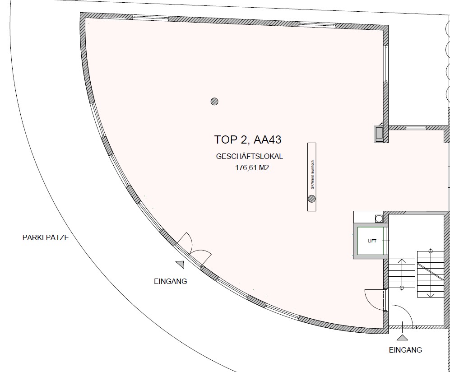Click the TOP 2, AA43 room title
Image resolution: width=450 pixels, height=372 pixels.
(248, 139)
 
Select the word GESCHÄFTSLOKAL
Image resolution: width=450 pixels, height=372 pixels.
(250, 157)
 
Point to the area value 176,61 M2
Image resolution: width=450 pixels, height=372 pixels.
(252, 167)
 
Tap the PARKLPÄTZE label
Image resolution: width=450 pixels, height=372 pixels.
(46, 237)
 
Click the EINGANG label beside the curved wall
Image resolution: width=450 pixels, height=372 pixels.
(171, 281)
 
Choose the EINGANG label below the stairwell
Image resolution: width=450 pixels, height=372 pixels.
(405, 350)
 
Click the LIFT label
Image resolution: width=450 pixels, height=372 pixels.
(372, 241)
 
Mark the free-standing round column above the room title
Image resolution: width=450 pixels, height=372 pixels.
(214, 101)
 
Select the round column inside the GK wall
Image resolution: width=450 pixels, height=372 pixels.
(312, 199)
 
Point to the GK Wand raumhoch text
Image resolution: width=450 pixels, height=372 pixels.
(312, 175)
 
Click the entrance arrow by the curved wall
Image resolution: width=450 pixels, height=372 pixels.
(180, 264)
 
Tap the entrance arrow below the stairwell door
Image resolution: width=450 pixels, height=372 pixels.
(402, 338)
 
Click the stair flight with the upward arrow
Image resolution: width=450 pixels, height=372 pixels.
(402, 274)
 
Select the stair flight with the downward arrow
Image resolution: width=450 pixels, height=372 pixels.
(430, 274)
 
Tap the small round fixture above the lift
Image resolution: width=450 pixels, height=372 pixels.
(379, 219)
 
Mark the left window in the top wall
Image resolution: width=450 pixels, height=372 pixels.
(150, 18)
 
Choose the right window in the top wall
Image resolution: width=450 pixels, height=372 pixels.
(317, 25)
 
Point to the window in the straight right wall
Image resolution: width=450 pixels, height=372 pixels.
(386, 64)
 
